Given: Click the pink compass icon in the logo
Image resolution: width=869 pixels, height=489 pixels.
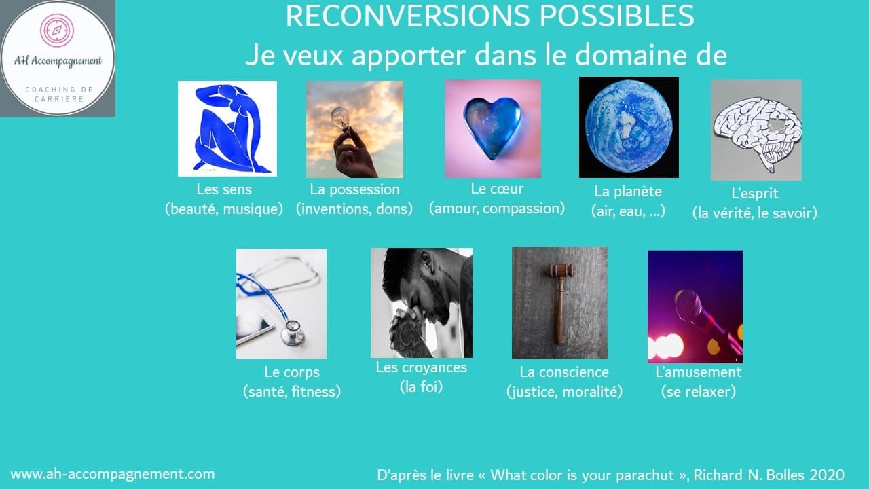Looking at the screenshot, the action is pyautogui.click(x=57, y=30).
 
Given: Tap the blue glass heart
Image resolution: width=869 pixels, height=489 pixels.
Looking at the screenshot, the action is pyautogui.click(x=492, y=127).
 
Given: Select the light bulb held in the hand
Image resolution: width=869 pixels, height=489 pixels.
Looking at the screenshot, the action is pyautogui.click(x=340, y=118).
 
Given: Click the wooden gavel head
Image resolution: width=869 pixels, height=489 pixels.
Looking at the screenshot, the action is pyautogui.click(x=561, y=270).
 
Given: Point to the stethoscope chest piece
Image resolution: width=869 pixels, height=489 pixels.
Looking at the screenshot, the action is pyautogui.click(x=293, y=333).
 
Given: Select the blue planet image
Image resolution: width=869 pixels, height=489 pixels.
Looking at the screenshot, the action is pyautogui.click(x=629, y=128).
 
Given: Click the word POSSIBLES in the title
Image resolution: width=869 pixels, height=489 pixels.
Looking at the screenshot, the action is pyautogui.click(x=616, y=16).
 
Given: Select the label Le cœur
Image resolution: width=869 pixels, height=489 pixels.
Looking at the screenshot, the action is pyautogui.click(x=497, y=189).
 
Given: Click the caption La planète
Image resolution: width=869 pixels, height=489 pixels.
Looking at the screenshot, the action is pyautogui.click(x=628, y=192).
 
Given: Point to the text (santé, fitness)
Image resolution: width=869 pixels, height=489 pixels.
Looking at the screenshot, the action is pyautogui.click(x=292, y=392).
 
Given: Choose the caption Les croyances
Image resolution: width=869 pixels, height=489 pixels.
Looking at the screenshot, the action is pyautogui.click(x=421, y=367).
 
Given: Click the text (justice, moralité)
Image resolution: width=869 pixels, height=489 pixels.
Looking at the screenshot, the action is pyautogui.click(x=564, y=392).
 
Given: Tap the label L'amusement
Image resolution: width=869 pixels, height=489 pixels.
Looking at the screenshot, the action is pyautogui.click(x=699, y=372).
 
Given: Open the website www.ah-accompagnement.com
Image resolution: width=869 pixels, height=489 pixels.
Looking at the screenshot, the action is pyautogui.click(x=113, y=474).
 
